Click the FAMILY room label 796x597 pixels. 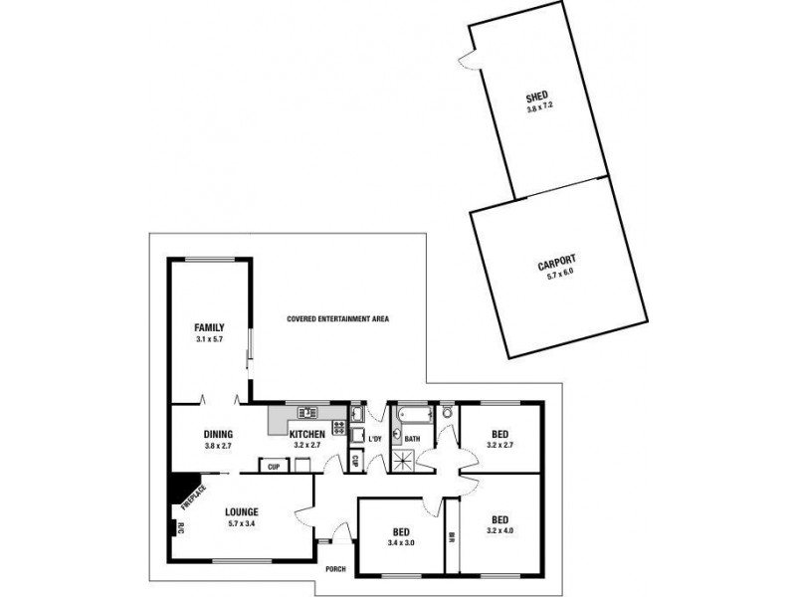(209, 327)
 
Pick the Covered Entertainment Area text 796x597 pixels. (337, 319)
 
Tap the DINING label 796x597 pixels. (217, 434)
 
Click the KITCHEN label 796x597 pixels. (306, 434)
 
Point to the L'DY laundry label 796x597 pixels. (375, 440)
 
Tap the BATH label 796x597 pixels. (411, 439)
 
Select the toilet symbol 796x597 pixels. (447, 411)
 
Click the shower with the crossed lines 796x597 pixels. (405, 459)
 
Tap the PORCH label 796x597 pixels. (335, 569)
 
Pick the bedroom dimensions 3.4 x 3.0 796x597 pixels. (401, 543)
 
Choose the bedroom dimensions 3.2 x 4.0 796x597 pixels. (499, 531)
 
